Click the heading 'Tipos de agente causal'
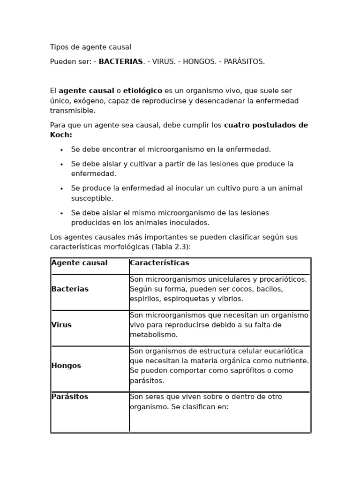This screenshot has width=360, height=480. click(x=90, y=47)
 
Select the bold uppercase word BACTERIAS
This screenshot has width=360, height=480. click(x=120, y=62)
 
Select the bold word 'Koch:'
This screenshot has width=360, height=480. click(x=61, y=135)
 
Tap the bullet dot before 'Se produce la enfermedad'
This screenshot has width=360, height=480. click(x=61, y=189)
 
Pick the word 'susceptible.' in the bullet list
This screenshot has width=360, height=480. click(x=92, y=198)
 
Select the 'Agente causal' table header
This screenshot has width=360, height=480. click(x=79, y=263)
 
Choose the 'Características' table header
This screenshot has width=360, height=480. click(x=159, y=263)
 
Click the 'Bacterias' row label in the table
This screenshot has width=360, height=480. click(x=70, y=289)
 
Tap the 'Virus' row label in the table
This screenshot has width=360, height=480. click(x=61, y=325)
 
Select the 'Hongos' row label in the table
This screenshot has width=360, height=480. click(x=66, y=366)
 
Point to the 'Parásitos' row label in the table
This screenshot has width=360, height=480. click(x=70, y=397)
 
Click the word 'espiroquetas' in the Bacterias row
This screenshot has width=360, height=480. click(x=183, y=299)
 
